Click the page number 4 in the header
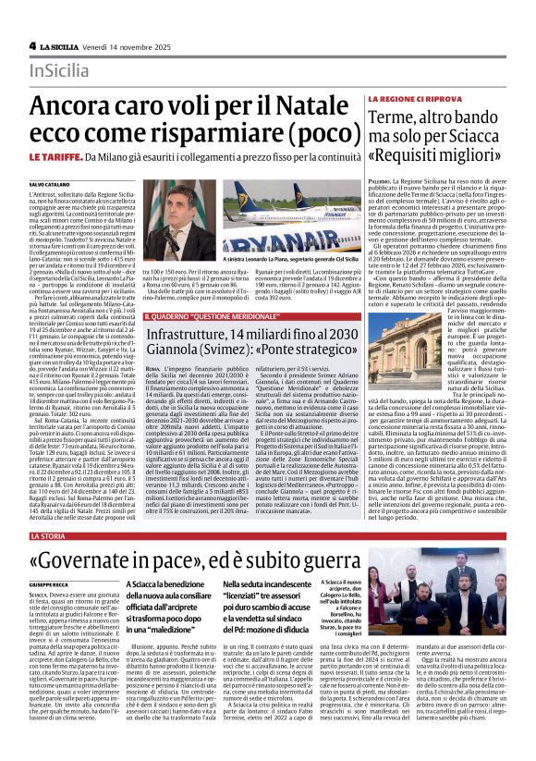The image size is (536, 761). point(32,45)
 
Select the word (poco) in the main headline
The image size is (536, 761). point(310,138)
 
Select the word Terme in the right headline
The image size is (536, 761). point(396,117)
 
